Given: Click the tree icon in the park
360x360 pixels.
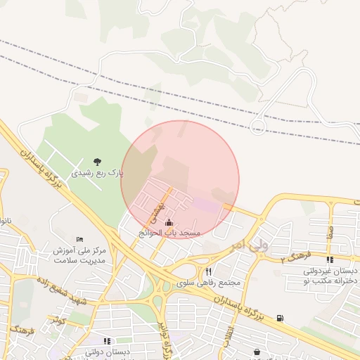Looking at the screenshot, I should coord(96,162).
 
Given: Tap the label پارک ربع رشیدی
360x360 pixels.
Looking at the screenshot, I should coord(97,172).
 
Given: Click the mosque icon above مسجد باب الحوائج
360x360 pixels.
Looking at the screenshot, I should coord(169,224).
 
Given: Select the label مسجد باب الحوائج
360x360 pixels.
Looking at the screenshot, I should coord(169,232).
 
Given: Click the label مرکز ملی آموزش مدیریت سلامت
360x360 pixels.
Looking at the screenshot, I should coord(79,255).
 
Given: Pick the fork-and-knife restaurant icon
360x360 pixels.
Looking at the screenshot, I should coord(208,271).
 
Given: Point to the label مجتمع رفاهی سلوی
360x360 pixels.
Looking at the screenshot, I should coord(209,282).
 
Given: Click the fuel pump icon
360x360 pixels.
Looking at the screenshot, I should coord(281,319).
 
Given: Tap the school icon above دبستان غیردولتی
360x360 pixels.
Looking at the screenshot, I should coord(330,260).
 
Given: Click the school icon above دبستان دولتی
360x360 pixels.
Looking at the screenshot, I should coord(107,341).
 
